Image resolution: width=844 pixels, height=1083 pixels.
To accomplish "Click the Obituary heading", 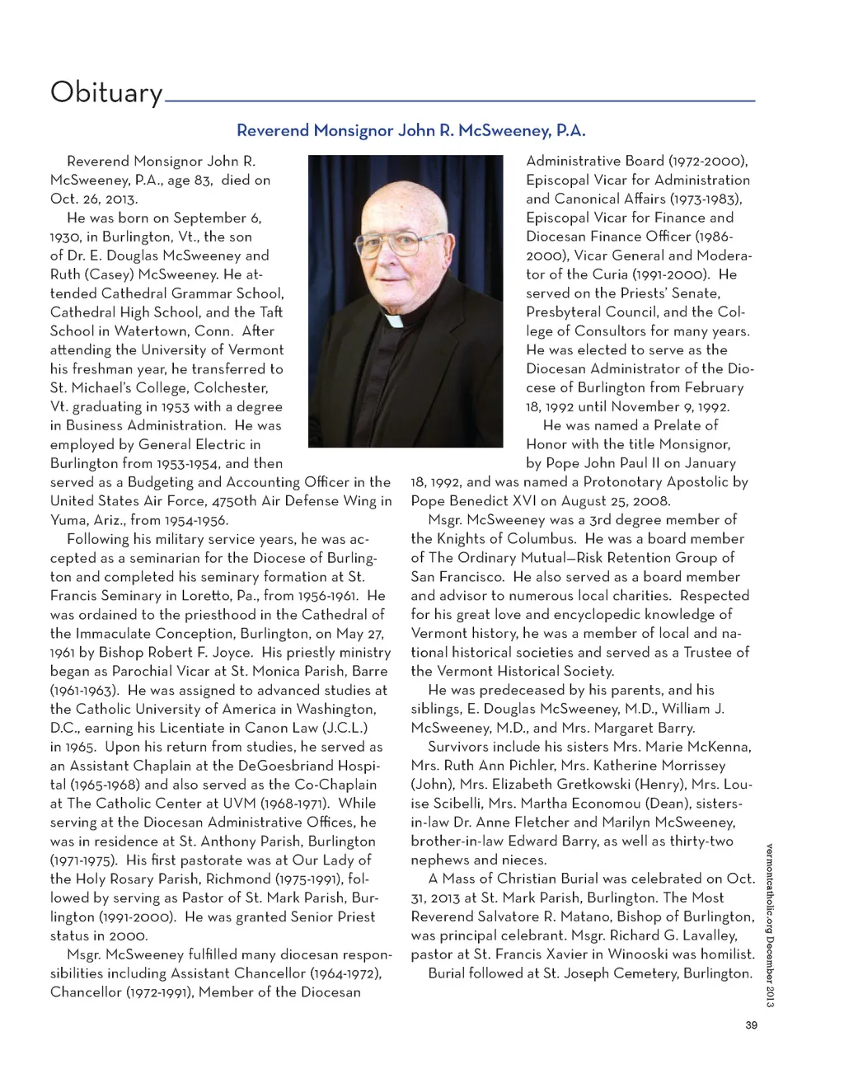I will tap(106, 91).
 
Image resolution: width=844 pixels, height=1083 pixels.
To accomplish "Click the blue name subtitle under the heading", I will tap(410, 130).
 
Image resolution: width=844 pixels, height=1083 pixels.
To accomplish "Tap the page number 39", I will tap(751, 1025).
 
